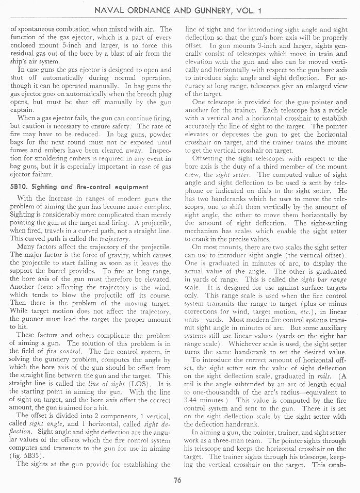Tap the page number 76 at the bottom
[177, 481]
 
